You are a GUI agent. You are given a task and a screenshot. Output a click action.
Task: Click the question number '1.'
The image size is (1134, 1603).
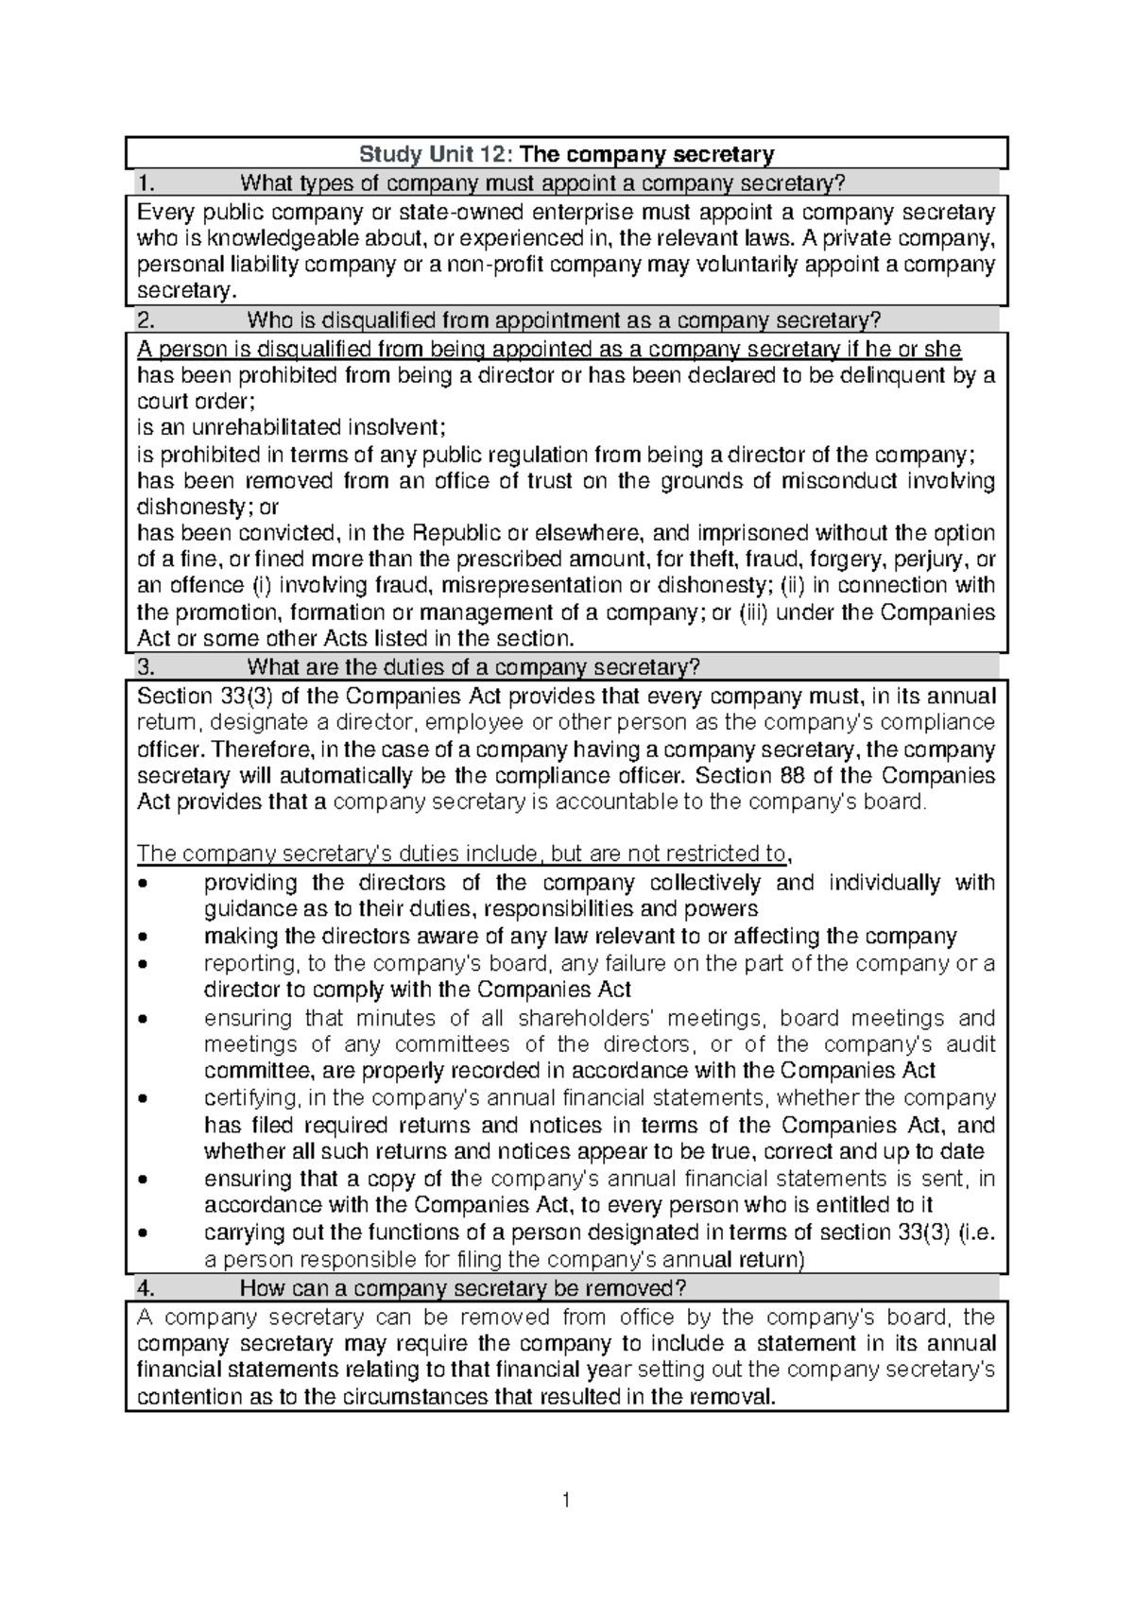(x=145, y=182)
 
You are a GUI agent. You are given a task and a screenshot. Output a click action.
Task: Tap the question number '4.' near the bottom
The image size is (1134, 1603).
(x=145, y=1288)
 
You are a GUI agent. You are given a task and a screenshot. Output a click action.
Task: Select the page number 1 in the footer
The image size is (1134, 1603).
(x=566, y=1500)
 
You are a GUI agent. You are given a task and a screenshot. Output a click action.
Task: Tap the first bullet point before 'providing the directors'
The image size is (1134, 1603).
(x=143, y=885)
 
